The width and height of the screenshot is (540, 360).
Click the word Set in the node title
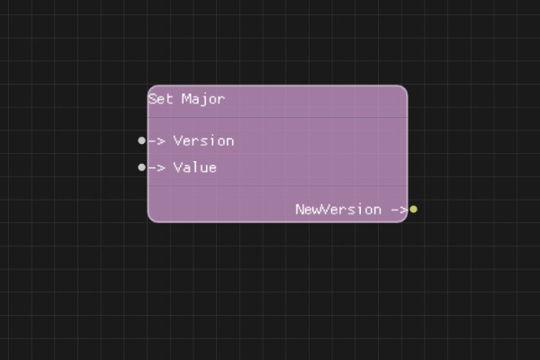(x=161, y=99)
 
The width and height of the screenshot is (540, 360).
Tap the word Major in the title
(x=203, y=99)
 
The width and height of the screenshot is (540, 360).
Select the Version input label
(x=203, y=140)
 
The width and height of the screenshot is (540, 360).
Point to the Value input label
(x=194, y=167)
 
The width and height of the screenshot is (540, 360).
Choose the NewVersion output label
(x=338, y=209)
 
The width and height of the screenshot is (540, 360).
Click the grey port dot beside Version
(x=141, y=140)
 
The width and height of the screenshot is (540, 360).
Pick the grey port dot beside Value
(x=141, y=167)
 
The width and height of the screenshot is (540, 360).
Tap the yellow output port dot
(x=413, y=209)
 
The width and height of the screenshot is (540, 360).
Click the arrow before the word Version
(x=157, y=140)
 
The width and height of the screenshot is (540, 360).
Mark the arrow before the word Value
(x=157, y=167)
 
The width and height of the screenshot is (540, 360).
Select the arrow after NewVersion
(x=399, y=209)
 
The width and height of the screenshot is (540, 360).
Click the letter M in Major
(x=186, y=99)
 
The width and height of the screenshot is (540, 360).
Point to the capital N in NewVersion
(x=300, y=209)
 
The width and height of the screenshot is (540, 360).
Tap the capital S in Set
(x=153, y=99)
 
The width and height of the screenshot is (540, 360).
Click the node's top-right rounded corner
(x=403, y=89)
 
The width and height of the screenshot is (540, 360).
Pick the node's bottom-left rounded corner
(x=151, y=218)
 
